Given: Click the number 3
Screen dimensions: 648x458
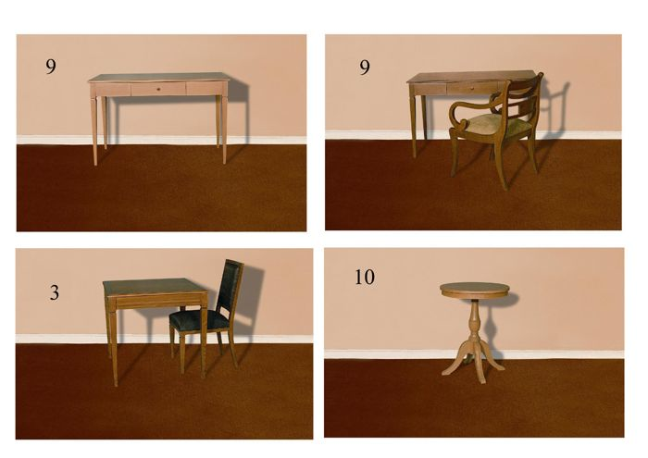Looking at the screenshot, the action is [54, 292].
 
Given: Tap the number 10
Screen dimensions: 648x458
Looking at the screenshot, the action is [365, 277].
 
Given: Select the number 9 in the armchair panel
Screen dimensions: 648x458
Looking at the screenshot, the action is [364, 67].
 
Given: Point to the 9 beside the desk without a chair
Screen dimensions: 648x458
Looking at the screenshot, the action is [50, 66].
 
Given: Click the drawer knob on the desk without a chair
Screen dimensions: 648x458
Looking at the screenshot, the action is [158, 89].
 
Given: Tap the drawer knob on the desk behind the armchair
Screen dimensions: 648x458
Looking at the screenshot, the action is [473, 88].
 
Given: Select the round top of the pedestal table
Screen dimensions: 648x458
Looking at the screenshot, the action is [474, 289].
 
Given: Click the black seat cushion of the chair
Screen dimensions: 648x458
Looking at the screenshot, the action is [198, 319].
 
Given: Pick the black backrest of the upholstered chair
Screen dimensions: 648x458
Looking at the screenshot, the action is [231, 287].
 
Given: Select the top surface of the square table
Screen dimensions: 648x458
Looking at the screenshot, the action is [154, 287].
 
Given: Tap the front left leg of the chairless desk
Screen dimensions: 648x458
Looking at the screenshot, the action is [93, 130].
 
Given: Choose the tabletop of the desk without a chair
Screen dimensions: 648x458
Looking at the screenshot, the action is [158, 78].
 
